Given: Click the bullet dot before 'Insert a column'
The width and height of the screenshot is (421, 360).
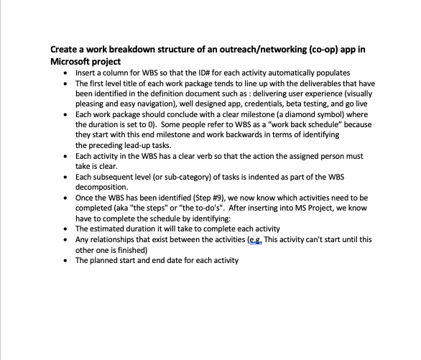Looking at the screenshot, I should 66,73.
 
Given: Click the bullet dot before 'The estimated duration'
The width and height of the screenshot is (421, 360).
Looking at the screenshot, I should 66,229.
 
